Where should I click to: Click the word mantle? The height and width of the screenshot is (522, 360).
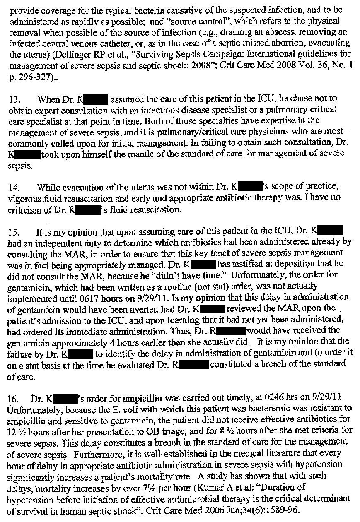[133, 155]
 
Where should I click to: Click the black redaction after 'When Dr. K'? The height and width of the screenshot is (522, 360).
[96, 99]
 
